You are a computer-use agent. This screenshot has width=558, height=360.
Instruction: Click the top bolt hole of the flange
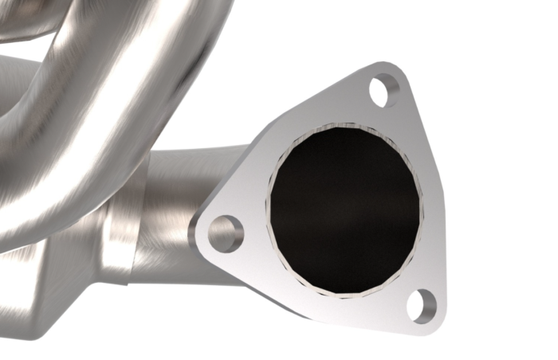tap(383, 90)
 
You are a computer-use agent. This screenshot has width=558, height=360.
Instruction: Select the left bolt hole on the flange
tap(226, 233)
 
